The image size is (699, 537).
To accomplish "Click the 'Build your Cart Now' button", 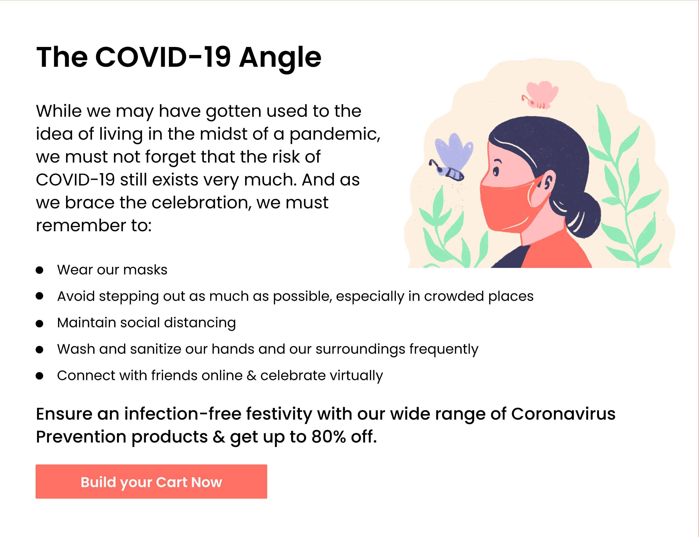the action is tap(151, 481).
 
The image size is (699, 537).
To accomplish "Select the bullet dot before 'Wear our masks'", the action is tap(39, 270).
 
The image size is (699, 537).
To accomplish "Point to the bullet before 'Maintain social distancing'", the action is tap(39, 323).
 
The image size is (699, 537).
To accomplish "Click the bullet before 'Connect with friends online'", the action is tap(39, 376).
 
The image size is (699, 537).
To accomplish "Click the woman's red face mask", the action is tap(508, 205).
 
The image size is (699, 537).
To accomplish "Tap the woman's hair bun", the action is tap(583, 217).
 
